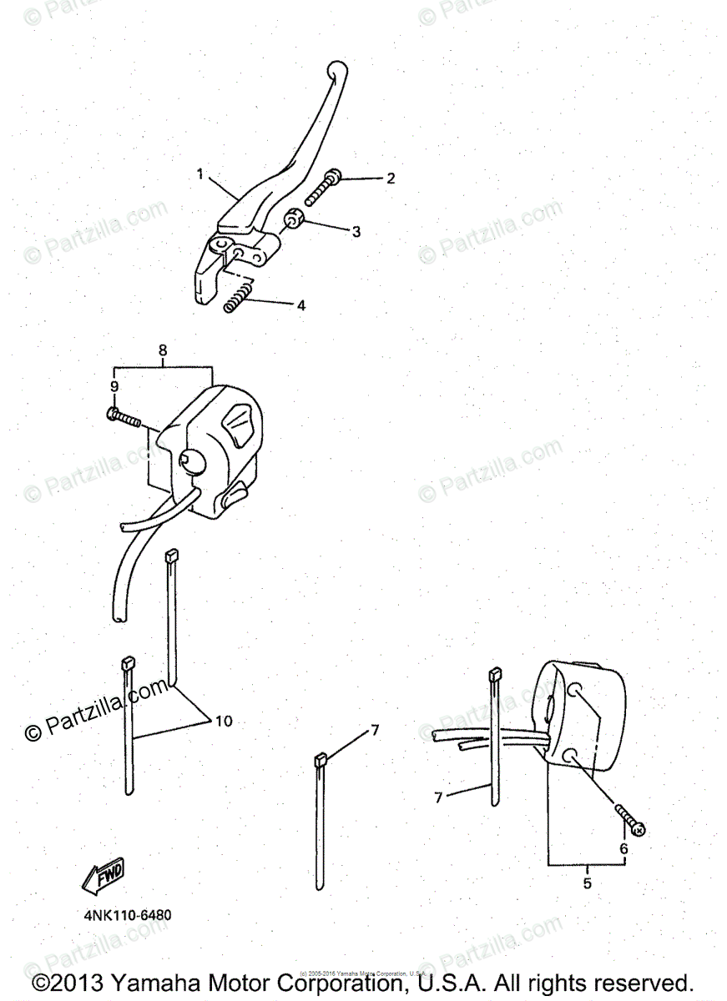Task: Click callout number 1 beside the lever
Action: tap(200, 174)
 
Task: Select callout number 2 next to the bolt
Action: tap(389, 179)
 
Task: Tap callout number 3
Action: tap(356, 231)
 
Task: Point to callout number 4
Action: tap(300, 306)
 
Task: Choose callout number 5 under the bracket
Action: tap(587, 883)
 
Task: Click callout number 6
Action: tap(623, 848)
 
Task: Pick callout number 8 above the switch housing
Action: tap(163, 350)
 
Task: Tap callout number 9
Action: tap(114, 386)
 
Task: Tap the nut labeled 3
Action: tap(293, 221)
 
